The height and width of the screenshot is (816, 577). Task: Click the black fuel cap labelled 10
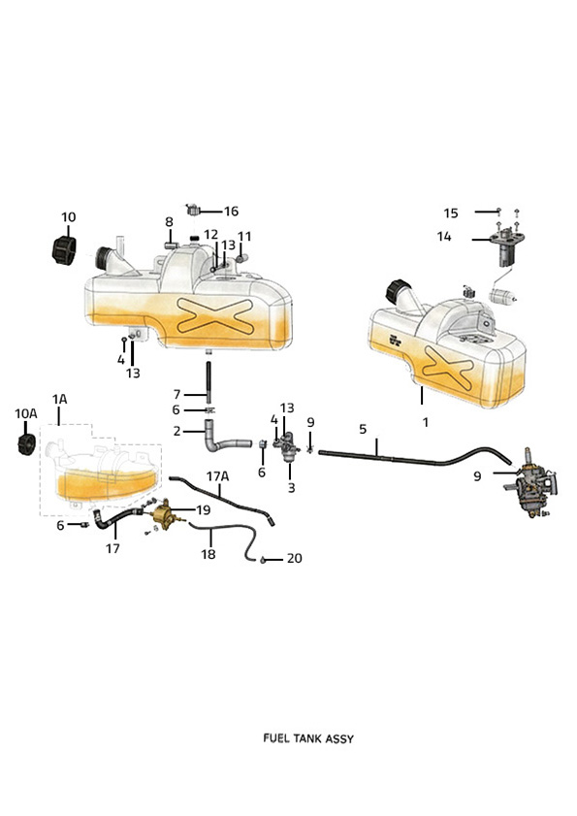click(x=64, y=249)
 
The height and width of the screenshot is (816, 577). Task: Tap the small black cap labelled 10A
click(x=26, y=444)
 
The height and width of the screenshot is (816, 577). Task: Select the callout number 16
click(x=231, y=211)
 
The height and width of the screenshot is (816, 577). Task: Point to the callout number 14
click(x=444, y=237)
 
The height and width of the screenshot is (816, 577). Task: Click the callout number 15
click(x=451, y=212)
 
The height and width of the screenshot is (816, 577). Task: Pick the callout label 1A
click(x=59, y=399)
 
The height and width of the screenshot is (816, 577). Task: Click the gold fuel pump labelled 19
click(x=165, y=514)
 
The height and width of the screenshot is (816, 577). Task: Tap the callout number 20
click(x=294, y=558)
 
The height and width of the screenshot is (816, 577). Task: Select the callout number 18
click(x=208, y=554)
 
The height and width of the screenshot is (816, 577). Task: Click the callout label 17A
click(x=217, y=476)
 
